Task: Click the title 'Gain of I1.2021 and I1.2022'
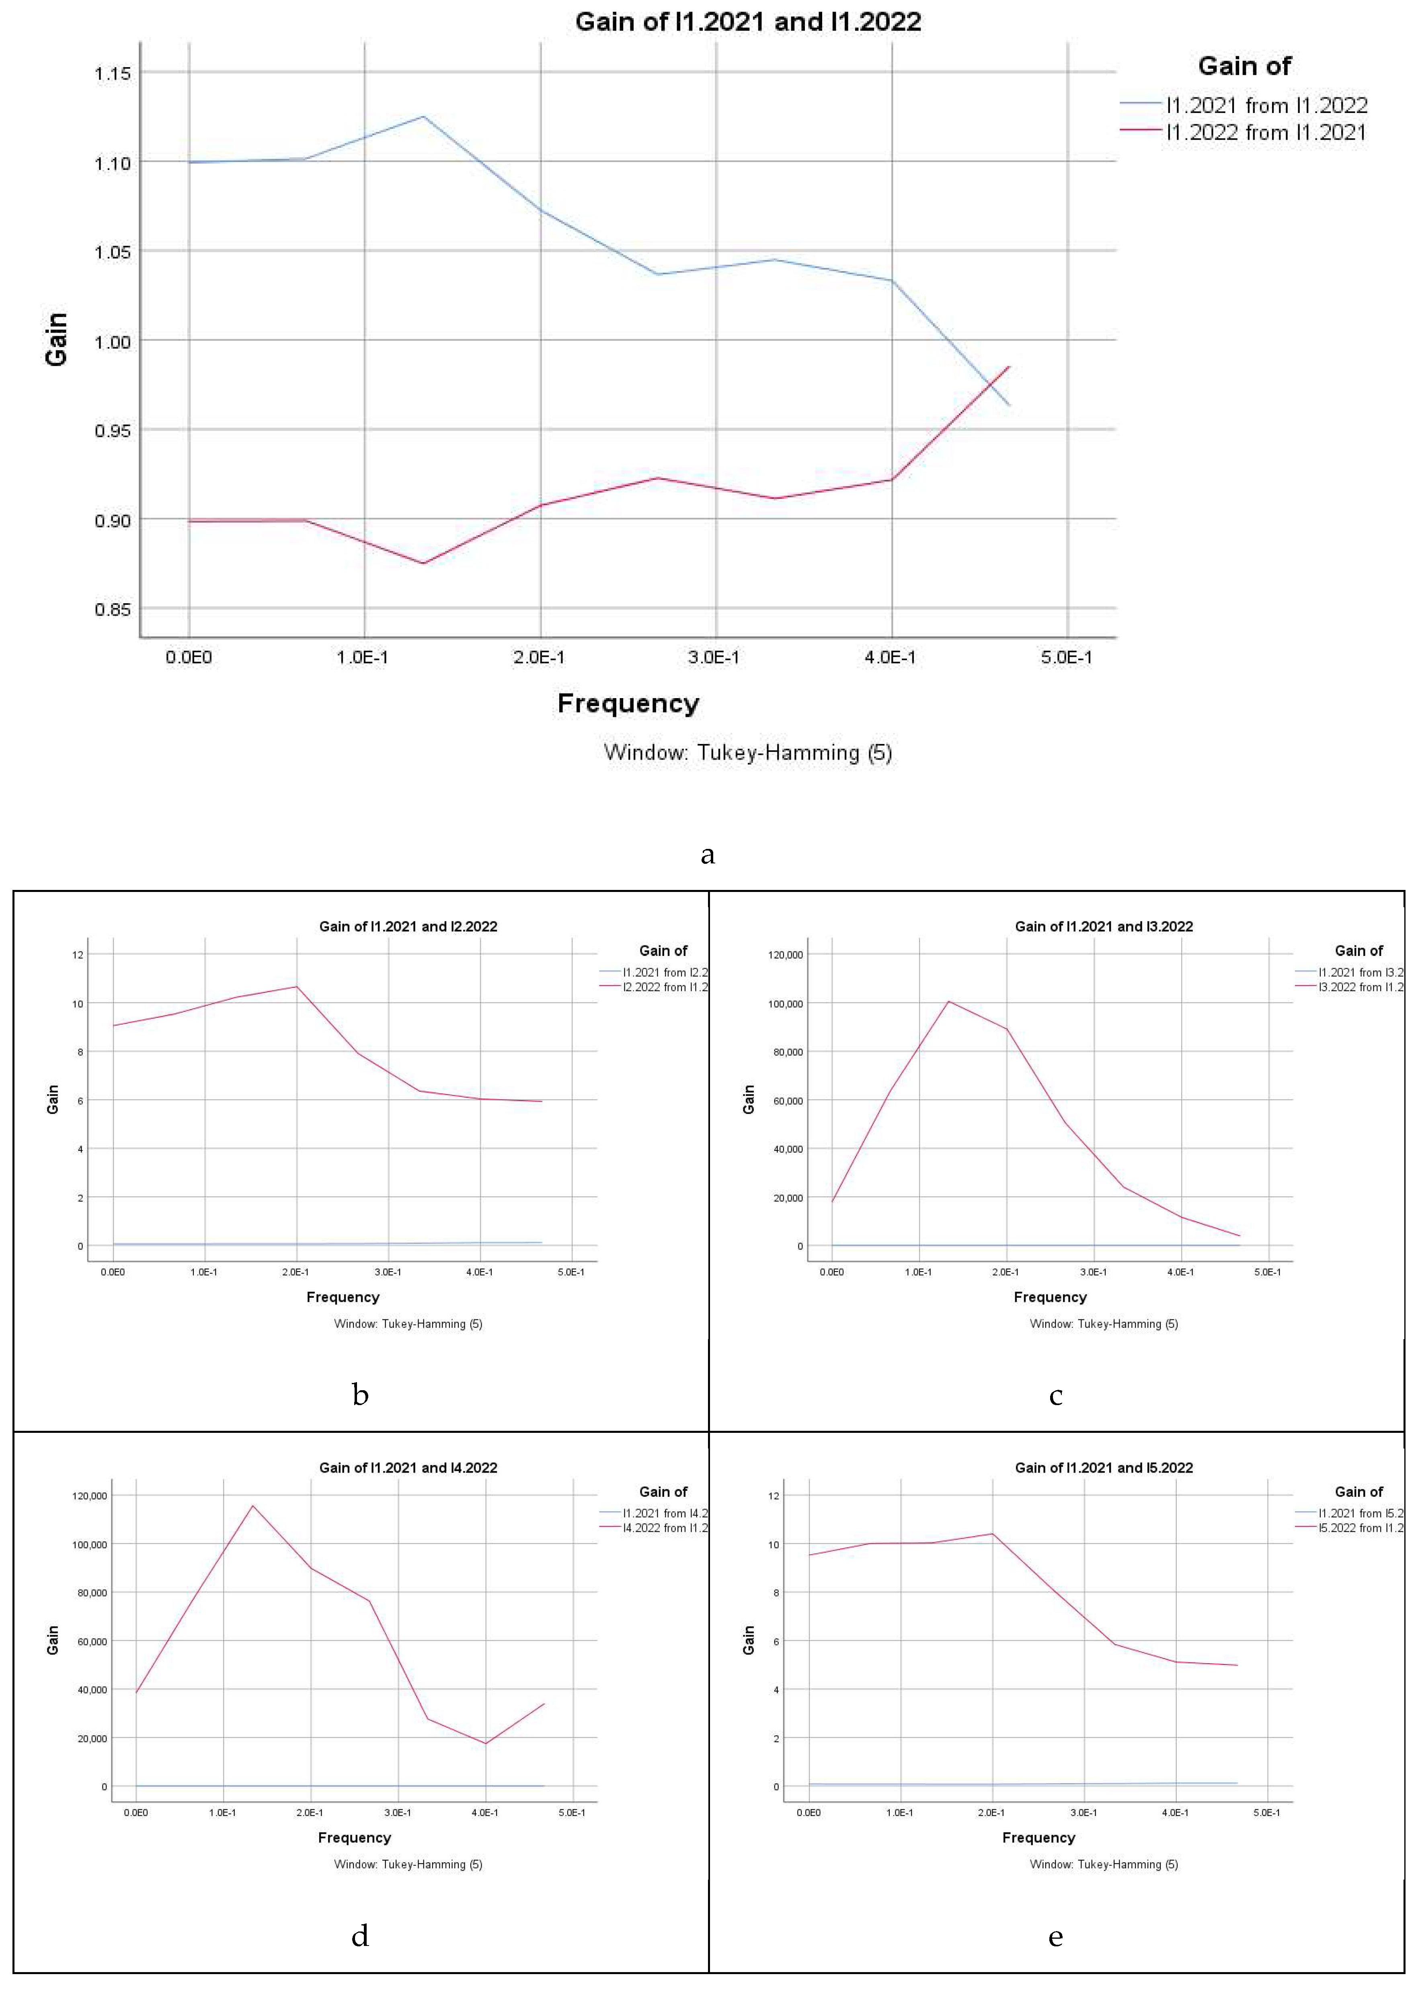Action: tap(748, 22)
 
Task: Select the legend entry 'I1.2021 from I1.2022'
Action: tap(1266, 106)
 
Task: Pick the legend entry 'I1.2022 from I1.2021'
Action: tap(1266, 133)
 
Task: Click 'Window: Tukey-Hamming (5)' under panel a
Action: tap(748, 753)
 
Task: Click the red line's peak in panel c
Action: tap(949, 1001)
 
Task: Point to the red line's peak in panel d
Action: tap(253, 1506)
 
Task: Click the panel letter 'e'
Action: tap(1055, 1937)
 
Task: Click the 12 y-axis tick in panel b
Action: tap(78, 955)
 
